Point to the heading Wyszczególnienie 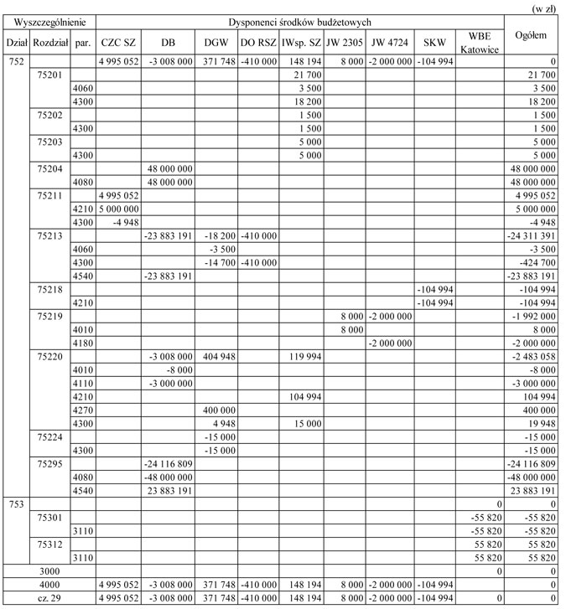48,21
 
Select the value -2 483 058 535,356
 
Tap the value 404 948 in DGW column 216,356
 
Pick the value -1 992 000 535,317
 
